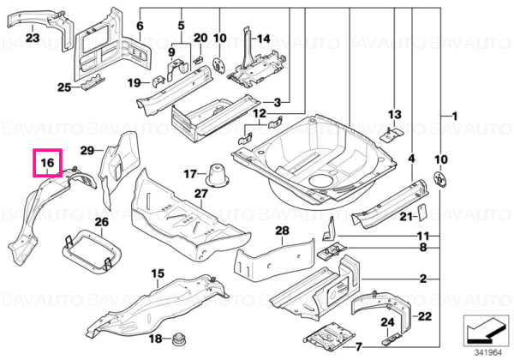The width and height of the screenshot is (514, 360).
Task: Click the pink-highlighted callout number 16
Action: (x=47, y=162)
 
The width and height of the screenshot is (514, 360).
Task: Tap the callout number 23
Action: (x=33, y=38)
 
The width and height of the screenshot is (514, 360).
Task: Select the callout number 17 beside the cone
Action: (x=190, y=173)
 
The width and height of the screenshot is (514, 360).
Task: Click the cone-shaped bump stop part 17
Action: (x=216, y=176)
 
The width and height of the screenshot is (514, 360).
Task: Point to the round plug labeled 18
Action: (x=179, y=339)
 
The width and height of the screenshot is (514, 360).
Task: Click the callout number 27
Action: (x=201, y=194)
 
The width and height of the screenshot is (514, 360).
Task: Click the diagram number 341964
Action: (x=488, y=353)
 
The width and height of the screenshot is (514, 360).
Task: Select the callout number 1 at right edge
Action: (x=454, y=116)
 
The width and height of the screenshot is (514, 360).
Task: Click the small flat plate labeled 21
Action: (x=421, y=212)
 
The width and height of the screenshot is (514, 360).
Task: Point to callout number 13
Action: (x=394, y=114)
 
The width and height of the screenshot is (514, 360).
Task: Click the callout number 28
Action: (x=282, y=231)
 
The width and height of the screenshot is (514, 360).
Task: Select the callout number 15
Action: (x=158, y=273)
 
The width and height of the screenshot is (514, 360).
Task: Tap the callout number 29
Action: (x=87, y=151)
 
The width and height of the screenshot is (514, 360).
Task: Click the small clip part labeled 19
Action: (x=158, y=81)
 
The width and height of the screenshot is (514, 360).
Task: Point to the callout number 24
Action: (x=387, y=322)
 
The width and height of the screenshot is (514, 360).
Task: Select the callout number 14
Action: (x=263, y=39)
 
